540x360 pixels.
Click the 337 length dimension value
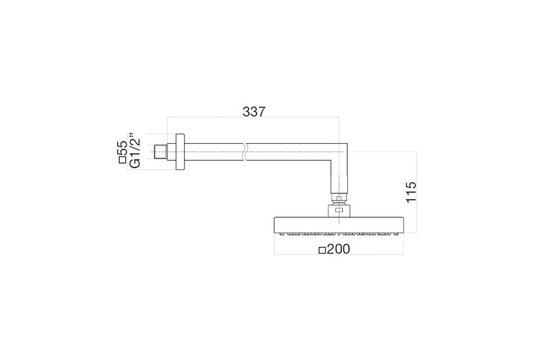(x=254, y=112)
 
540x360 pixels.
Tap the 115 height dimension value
(x=411, y=192)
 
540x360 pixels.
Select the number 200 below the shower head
(x=338, y=249)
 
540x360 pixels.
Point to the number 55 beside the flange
(x=122, y=148)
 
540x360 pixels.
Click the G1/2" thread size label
(x=135, y=150)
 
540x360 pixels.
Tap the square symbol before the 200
(x=322, y=251)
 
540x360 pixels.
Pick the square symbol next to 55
(x=122, y=160)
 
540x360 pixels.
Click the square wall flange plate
(x=180, y=152)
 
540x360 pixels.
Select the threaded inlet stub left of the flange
(x=161, y=152)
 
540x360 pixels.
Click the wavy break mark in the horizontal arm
(x=245, y=152)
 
